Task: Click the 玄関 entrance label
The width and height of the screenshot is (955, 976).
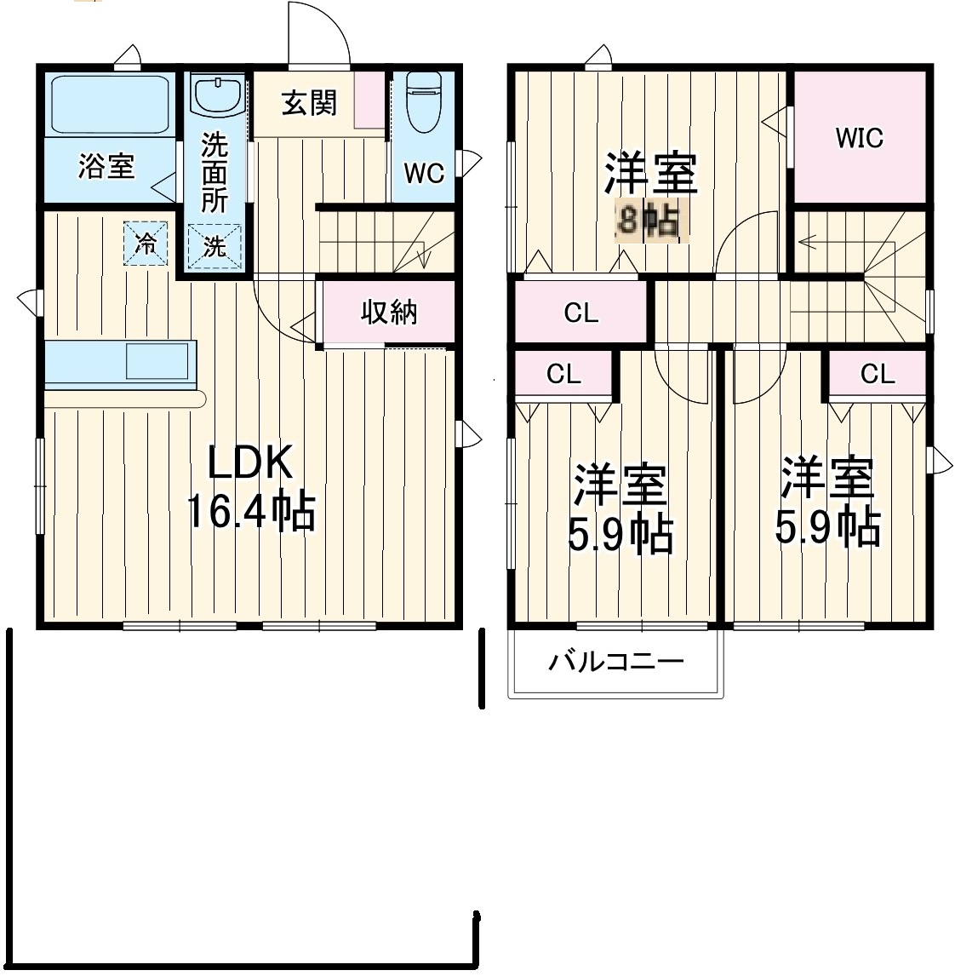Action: click(309, 103)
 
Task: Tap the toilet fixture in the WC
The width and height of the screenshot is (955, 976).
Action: click(424, 102)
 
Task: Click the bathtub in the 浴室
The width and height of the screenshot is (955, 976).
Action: click(110, 105)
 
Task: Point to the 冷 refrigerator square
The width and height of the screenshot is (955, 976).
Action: click(146, 244)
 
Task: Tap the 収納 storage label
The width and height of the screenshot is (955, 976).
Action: click(389, 312)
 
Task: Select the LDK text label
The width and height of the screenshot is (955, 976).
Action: click(249, 463)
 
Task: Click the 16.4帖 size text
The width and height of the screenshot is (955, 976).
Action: click(251, 511)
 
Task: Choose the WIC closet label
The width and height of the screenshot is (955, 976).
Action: click(859, 138)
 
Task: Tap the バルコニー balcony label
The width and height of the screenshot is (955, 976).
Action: click(616, 661)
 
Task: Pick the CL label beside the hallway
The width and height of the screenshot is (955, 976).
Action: click(581, 313)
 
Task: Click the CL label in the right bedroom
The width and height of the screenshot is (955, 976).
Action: click(878, 374)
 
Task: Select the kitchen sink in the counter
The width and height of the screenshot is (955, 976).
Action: click(157, 361)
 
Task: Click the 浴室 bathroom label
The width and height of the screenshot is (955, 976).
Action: click(106, 166)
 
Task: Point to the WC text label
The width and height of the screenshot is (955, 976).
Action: click(425, 173)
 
